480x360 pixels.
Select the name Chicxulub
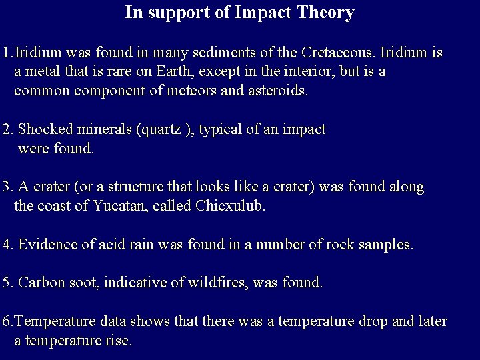point(230,206)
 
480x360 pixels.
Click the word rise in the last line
point(119,341)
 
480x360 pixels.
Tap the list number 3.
point(7,187)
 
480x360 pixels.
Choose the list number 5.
point(7,283)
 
